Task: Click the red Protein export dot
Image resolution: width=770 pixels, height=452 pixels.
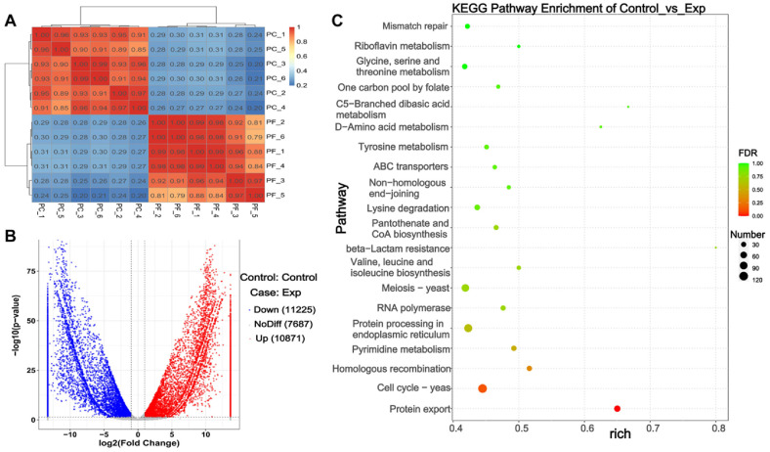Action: [617, 408]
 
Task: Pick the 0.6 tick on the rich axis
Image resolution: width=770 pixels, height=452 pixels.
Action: [586, 428]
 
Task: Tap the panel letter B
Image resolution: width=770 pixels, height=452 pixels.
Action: [8, 235]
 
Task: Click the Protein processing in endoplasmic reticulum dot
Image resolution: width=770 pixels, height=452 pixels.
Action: [468, 328]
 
